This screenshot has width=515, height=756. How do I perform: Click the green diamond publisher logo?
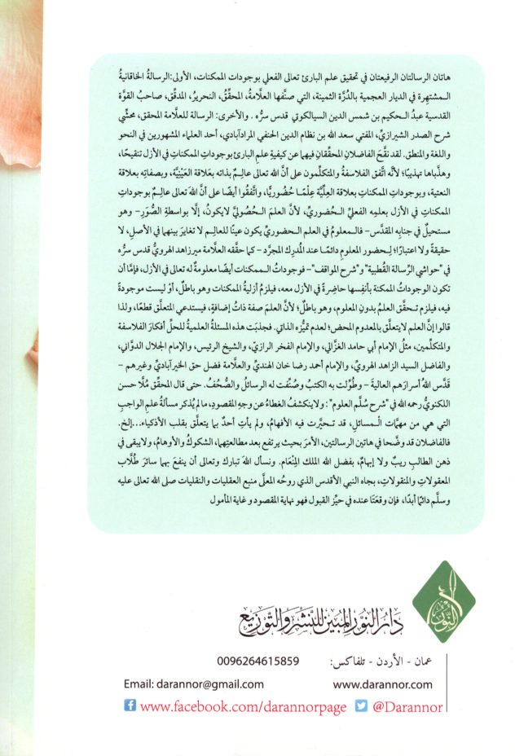pos(443,600)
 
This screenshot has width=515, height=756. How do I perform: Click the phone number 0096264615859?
pos(258,661)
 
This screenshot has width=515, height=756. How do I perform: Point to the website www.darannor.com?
pos(381,684)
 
